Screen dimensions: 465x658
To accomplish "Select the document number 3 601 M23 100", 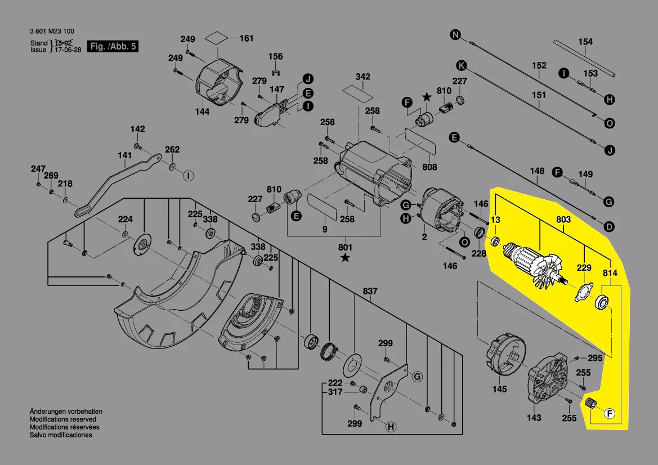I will pyautogui.click(x=52, y=32).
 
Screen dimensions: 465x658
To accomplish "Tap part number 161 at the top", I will pyautogui.click(x=247, y=39).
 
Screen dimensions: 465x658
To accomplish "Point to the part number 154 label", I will pyautogui.click(x=585, y=42).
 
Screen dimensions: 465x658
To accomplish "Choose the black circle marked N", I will pyautogui.click(x=454, y=35).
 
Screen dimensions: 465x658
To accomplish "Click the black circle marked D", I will pyautogui.click(x=609, y=227).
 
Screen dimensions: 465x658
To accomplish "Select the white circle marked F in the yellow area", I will pyautogui.click(x=609, y=414).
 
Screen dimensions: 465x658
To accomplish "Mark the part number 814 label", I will pyautogui.click(x=610, y=273).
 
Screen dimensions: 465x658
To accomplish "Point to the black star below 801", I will pyautogui.click(x=345, y=258).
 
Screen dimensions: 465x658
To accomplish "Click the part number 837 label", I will pyautogui.click(x=370, y=291).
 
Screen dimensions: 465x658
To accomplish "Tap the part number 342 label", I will pyautogui.click(x=363, y=77).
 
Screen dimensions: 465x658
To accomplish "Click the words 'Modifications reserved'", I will pyautogui.click(x=62, y=419).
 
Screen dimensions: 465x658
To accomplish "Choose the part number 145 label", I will pyautogui.click(x=499, y=389).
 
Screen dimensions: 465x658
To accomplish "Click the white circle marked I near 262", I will pyautogui.click(x=188, y=176).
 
